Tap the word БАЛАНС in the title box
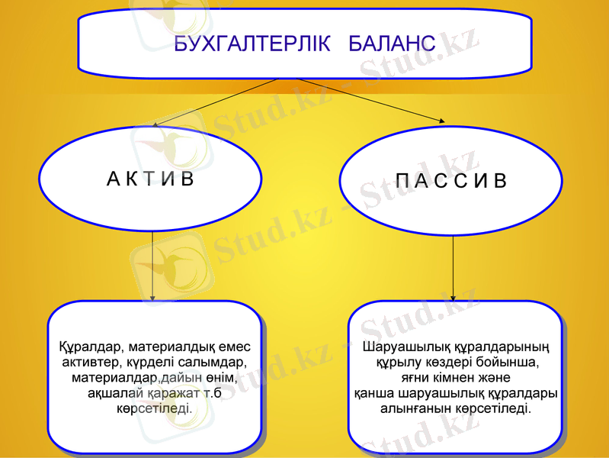coord(392,44)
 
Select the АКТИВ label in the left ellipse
coord(151,179)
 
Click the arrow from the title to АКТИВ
coord(213,102)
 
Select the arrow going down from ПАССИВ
coord(454,267)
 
